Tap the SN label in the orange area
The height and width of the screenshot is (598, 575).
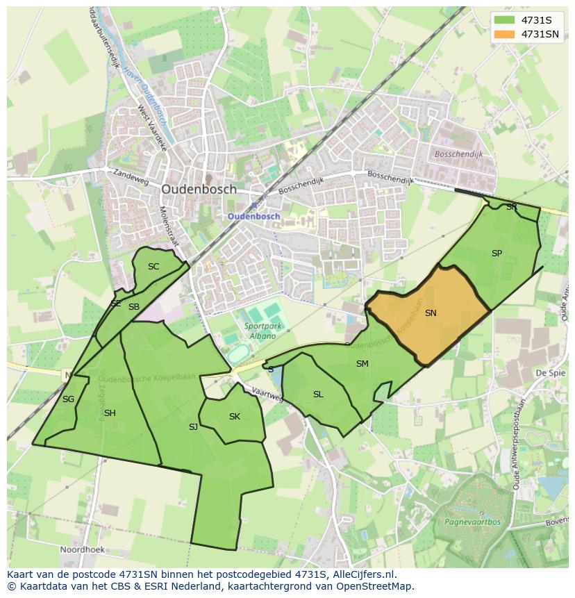click(431, 313)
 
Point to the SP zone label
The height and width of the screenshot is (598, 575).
click(497, 254)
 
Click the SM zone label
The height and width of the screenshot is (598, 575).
click(362, 364)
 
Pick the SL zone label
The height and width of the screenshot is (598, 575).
click(318, 394)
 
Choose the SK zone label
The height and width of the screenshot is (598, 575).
click(235, 417)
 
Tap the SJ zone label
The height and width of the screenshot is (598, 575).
click(193, 427)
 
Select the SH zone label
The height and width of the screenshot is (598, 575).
click(110, 413)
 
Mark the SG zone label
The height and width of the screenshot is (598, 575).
click(68, 399)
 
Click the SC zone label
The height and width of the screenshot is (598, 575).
click(153, 267)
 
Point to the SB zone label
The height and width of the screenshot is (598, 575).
click(134, 307)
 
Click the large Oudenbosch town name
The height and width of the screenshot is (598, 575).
click(199, 189)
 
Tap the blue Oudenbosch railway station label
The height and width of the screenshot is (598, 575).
click(254, 216)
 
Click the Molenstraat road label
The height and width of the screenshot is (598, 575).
click(169, 226)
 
